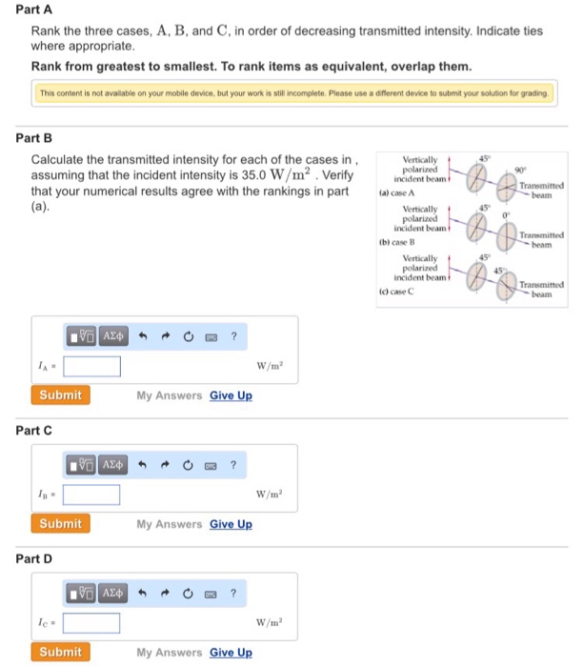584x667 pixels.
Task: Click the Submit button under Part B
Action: [61, 394]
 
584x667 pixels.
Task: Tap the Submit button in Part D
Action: [61, 652]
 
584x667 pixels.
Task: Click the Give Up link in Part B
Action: [231, 395]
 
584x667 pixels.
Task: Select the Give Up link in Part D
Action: [231, 653]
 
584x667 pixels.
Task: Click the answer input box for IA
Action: [91, 367]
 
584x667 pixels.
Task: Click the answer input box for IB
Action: [91, 495]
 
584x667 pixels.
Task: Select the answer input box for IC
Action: [91, 623]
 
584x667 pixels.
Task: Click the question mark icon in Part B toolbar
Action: [233, 336]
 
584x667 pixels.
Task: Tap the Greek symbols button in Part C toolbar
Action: [112, 465]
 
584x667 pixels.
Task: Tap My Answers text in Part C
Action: [169, 524]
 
